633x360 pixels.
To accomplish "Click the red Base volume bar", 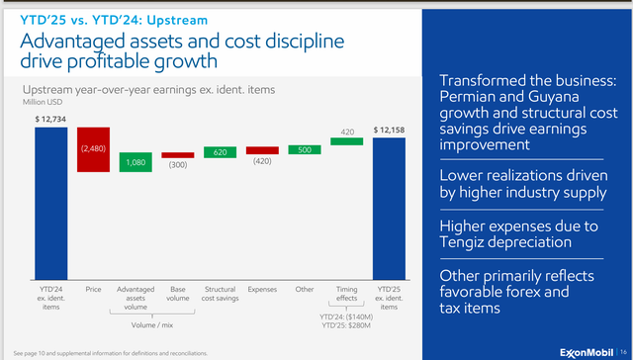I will pos(178,155).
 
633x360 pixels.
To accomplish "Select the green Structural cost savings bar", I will pos(220,152).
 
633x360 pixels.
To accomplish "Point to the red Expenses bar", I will pos(262,149).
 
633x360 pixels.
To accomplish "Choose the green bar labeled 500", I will pos(305,149).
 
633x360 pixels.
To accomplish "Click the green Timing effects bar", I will pos(347,141).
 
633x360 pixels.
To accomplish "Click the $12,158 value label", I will pos(390,130).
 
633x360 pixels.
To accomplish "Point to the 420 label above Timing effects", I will pos(347,130).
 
